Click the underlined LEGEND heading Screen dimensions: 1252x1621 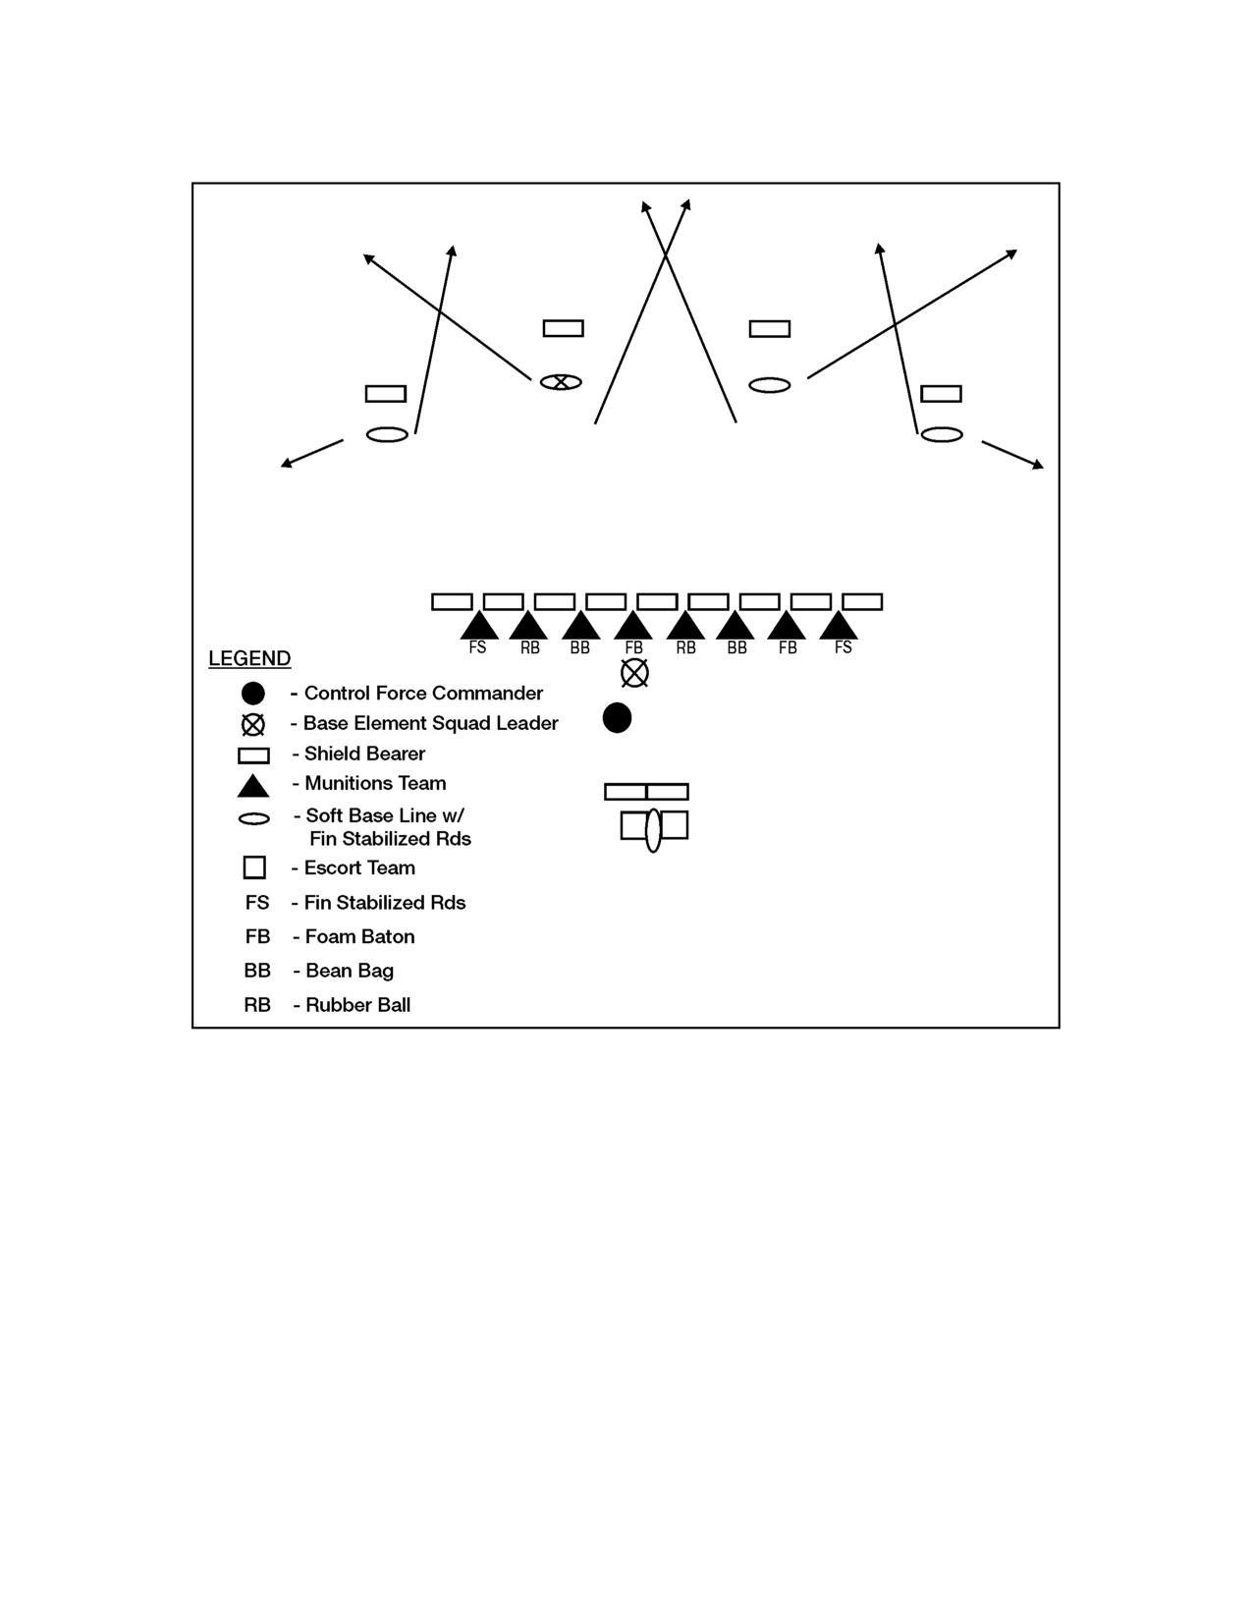249,658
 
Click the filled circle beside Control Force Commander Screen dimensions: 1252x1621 253,694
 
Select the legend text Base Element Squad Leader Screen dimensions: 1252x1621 431,724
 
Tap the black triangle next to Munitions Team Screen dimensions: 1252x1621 253,786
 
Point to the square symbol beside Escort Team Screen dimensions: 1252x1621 254,867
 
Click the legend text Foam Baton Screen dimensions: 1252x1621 360,937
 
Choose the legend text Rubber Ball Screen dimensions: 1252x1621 358,1006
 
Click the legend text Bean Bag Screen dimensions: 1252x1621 350,972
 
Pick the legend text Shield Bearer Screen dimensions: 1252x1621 364,755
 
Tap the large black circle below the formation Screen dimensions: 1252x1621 617,717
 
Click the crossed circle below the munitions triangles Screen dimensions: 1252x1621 634,673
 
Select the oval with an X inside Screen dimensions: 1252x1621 561,383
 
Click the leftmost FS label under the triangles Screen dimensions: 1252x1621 477,647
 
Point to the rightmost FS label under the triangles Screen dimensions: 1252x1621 844,647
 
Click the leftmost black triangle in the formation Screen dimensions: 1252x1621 479,625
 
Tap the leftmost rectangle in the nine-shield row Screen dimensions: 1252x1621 452,602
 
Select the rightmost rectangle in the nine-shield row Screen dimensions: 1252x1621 862,602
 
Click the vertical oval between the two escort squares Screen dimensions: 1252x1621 653,829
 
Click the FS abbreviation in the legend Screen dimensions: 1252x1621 257,903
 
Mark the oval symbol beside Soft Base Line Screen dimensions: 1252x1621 253,819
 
